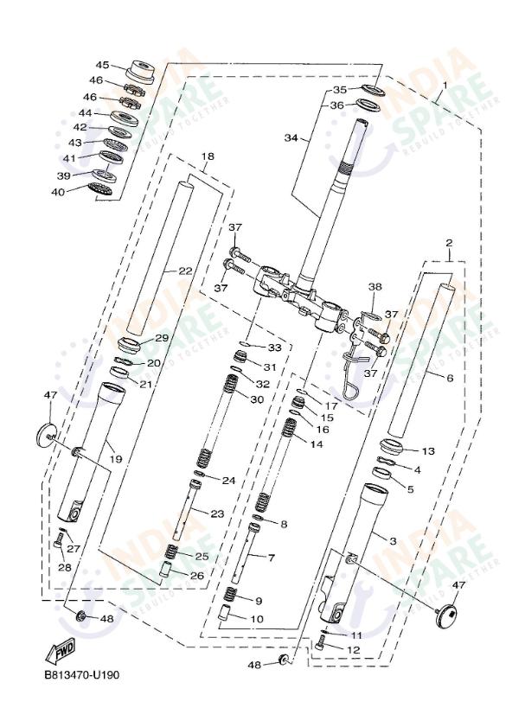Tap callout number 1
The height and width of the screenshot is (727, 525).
coord(443,86)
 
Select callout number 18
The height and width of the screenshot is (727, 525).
coord(207,156)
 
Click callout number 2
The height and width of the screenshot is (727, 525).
coord(449,243)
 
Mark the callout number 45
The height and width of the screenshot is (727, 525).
coord(102,66)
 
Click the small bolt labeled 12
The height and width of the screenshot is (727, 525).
coord(322,643)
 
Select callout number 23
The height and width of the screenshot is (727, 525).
coord(216,513)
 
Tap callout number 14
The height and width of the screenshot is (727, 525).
coord(316,443)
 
